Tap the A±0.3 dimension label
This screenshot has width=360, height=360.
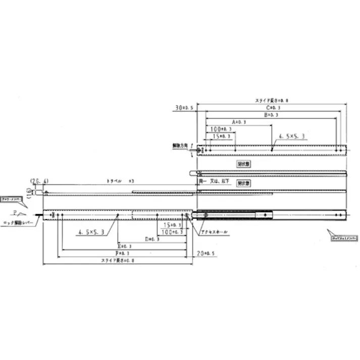[x=239, y=122]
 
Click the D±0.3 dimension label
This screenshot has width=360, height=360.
[x=152, y=239]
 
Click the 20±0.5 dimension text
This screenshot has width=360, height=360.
[x=206, y=253]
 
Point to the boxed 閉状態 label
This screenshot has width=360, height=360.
[x=244, y=164]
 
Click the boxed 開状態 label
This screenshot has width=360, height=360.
[x=244, y=183]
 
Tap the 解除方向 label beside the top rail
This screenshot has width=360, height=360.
[x=179, y=145]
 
